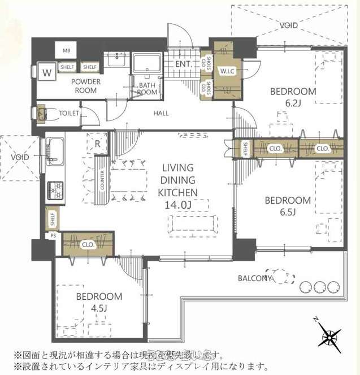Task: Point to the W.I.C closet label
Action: point(228,70)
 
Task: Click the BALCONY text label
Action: point(256,278)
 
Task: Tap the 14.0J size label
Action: point(178,204)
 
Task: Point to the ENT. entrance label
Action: point(182,64)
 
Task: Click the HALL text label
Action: point(161,113)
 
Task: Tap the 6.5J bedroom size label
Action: point(288,212)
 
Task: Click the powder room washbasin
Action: point(117,59)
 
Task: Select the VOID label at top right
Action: point(289,25)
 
